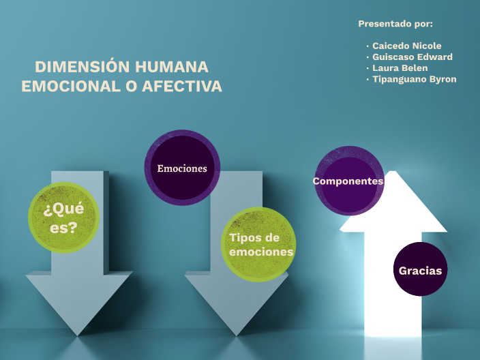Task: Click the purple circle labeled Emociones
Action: click(x=182, y=168)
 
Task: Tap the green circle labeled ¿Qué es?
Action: click(x=63, y=218)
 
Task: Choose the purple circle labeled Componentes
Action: click(x=348, y=181)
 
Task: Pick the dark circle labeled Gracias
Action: click(x=420, y=270)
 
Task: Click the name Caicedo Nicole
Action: click(x=406, y=46)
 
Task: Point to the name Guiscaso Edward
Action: click(x=412, y=57)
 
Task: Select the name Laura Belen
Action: click(x=400, y=67)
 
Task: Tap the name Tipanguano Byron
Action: click(x=414, y=79)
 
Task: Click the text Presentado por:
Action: click(x=395, y=24)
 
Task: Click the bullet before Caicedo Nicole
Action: click(x=367, y=46)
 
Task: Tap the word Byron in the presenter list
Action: click(x=442, y=79)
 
